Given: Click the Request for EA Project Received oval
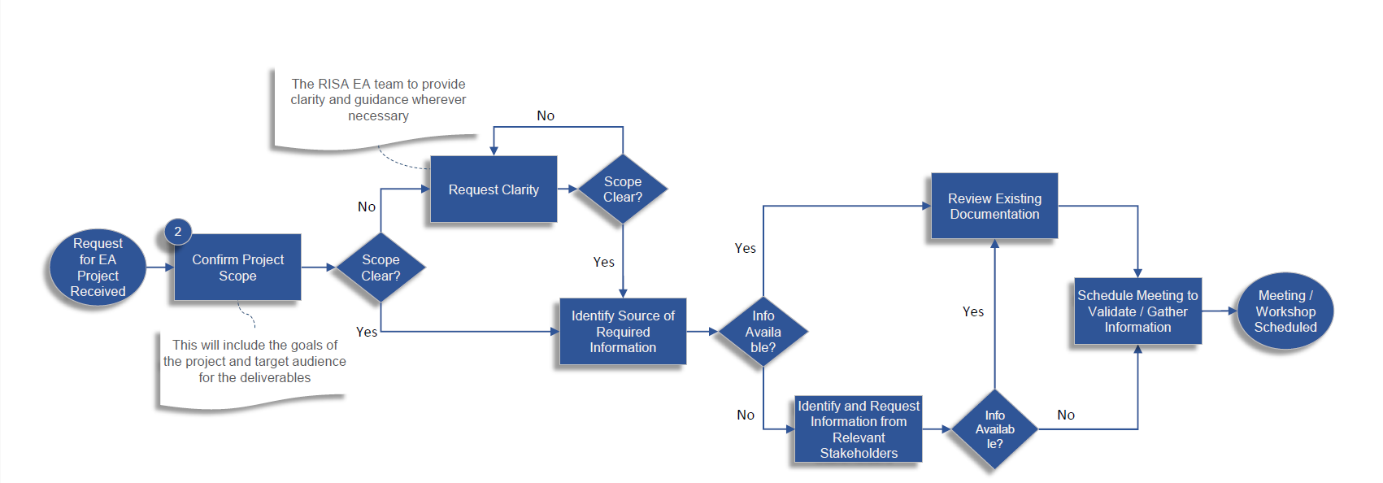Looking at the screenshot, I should tap(98, 268).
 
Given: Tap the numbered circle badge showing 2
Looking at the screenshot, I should tap(178, 232).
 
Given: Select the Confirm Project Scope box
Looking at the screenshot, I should tap(237, 268).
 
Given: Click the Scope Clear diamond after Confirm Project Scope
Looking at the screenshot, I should tap(381, 268).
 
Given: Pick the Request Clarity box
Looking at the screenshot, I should tap(494, 189).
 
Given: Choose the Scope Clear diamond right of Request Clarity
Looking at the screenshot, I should tap(623, 189).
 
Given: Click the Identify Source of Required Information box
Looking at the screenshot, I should tap(623, 332).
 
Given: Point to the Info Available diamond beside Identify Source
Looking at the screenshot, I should tap(763, 332).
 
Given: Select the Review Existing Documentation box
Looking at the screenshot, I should tap(994, 207).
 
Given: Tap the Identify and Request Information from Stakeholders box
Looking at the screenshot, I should tap(859, 429).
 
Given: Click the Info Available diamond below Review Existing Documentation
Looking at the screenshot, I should tap(994, 429).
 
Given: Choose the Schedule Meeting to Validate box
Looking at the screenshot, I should tap(1137, 311).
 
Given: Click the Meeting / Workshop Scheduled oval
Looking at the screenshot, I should tap(1285, 311).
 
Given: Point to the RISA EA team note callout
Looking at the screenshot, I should tap(378, 101).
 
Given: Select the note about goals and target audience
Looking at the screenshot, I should tap(254, 362).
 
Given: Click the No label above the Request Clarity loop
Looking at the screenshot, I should tap(546, 116).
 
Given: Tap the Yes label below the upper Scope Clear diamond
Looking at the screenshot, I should tap(603, 262).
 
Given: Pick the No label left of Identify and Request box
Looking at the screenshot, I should tap(746, 416).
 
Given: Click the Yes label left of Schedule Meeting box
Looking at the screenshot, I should tap(973, 311).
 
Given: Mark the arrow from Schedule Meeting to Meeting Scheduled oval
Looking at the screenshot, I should tap(1219, 311).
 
